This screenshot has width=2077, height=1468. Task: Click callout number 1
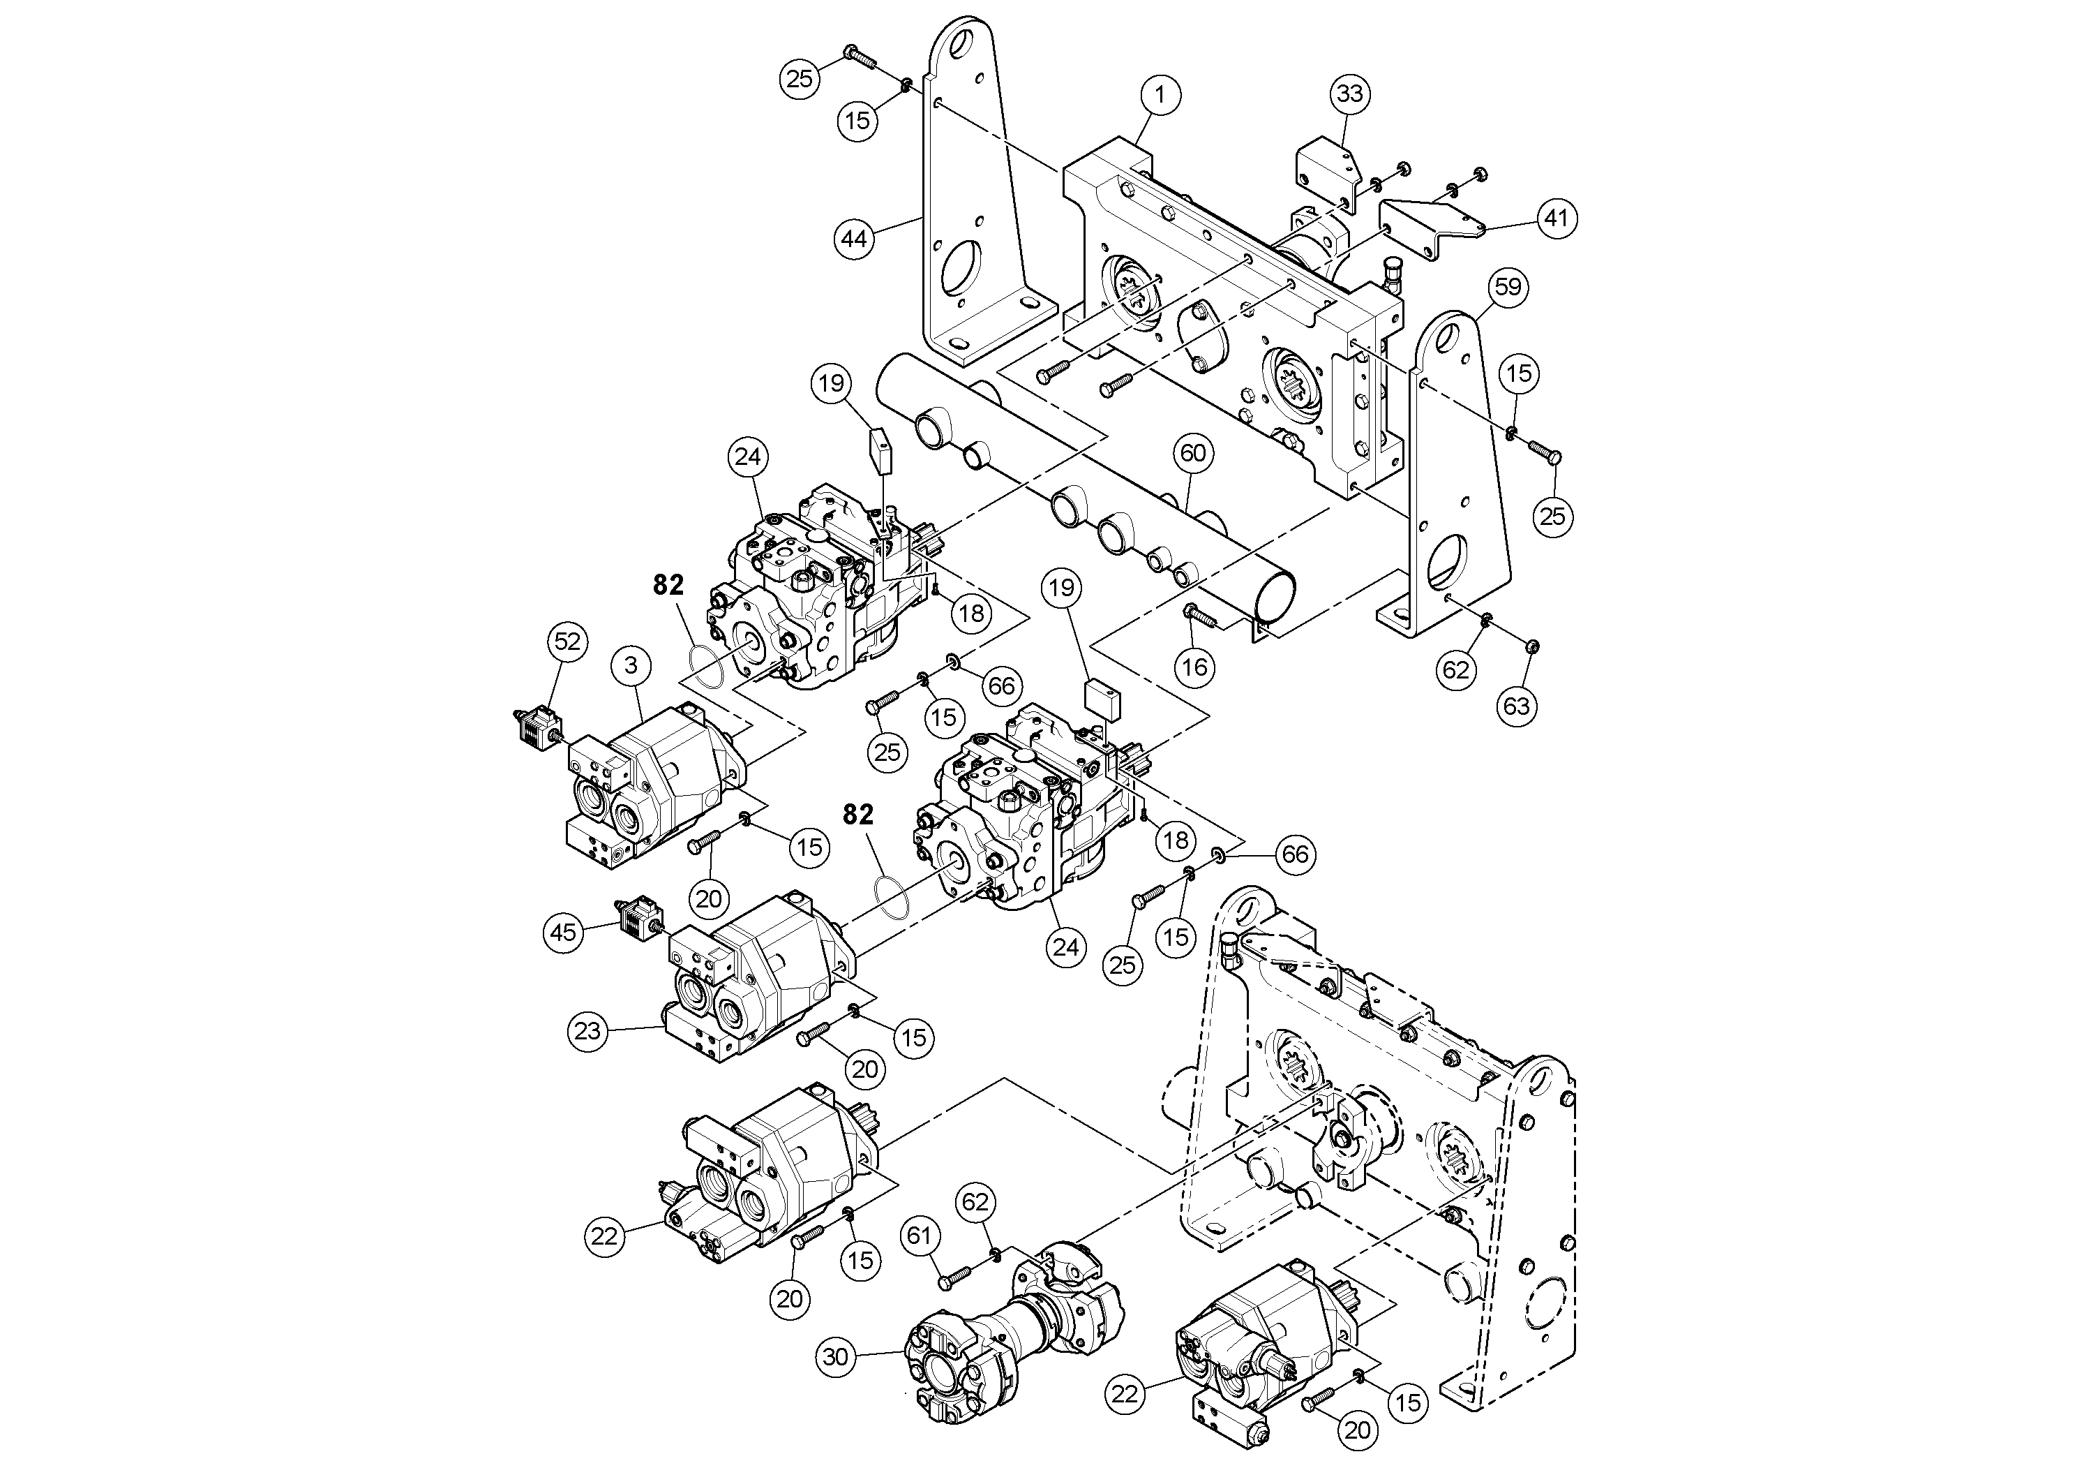[x=1161, y=94]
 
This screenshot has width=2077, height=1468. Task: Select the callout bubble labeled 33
[x=1350, y=94]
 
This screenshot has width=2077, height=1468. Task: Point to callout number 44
[x=854, y=239]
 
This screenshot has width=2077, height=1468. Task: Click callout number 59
[x=1508, y=288]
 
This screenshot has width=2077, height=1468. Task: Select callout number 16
[x=1195, y=667]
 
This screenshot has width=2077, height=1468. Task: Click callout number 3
[x=631, y=665]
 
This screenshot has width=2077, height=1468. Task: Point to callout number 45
[x=564, y=931]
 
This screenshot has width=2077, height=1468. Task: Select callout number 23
[x=588, y=1031]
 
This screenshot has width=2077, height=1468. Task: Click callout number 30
[x=836, y=1358]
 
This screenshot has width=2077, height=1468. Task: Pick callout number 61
[x=919, y=1236]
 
